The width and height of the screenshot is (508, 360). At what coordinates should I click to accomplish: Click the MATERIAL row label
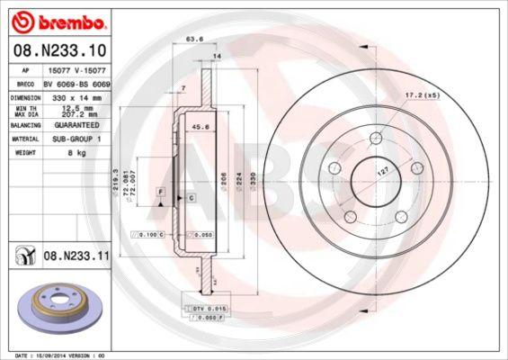25,139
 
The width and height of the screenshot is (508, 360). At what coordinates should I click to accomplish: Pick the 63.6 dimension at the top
192,40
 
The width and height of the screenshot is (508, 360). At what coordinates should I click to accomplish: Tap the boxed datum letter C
191,196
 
